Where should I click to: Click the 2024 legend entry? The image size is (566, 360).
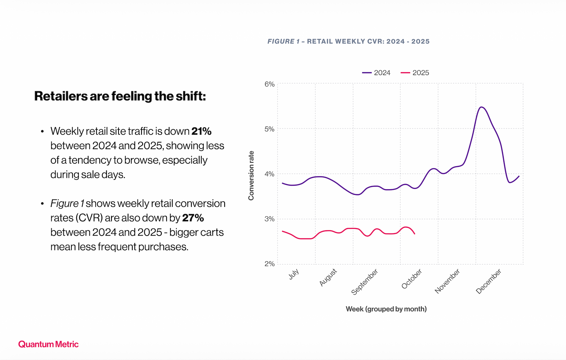coord(376,73)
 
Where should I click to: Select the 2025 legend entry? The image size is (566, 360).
coord(415,73)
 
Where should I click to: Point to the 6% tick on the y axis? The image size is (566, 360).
coord(269,84)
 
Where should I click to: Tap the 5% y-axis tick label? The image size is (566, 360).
coord(269,129)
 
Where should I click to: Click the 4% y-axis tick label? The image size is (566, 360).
coord(269,174)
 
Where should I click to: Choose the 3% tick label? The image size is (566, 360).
coord(269,219)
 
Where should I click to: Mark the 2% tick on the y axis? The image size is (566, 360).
coord(269,264)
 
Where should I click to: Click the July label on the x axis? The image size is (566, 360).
coord(294,274)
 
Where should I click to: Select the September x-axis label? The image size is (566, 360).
coord(365,282)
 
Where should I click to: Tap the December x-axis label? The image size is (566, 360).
coord(489,281)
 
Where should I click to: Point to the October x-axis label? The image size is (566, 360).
coord(412,279)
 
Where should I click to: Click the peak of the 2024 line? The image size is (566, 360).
coord(481,107)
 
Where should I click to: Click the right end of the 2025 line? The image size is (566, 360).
coord(415,234)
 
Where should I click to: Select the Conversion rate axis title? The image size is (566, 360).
coord(251,175)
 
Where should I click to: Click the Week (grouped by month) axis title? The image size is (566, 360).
coord(386,309)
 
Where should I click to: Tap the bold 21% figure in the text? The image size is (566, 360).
coord(201,131)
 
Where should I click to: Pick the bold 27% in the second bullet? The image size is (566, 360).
coord(193,218)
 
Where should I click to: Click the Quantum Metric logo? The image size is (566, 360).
coord(48,344)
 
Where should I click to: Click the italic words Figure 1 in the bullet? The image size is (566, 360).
coord(67,203)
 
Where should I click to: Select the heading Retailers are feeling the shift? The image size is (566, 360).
coord(120,96)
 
